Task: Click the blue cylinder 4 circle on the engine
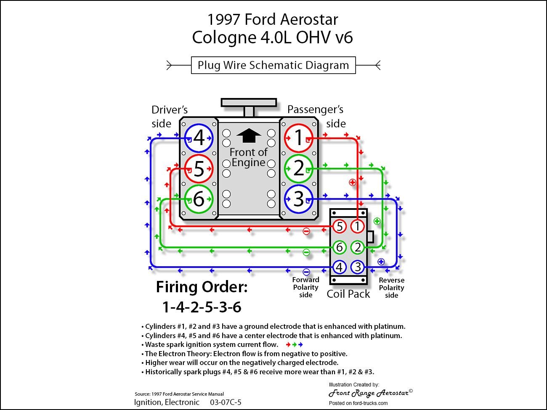[x=199, y=138]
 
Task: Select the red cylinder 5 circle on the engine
[x=199, y=169]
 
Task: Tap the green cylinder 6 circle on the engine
[x=199, y=199]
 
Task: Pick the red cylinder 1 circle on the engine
[x=298, y=138]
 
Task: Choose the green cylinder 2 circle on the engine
[x=298, y=169]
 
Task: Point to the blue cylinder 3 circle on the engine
[x=298, y=199]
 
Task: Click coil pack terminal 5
[x=340, y=227]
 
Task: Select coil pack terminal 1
[x=358, y=227]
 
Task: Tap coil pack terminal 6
[x=340, y=247]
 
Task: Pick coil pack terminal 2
[x=358, y=247]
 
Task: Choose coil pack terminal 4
[x=340, y=267]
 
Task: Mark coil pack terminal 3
[x=358, y=267]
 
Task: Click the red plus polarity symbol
[x=353, y=182]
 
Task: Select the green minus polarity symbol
[x=306, y=252]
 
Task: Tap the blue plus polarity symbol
[x=381, y=262]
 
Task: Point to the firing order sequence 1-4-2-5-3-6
[x=202, y=307]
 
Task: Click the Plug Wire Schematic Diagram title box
[x=273, y=65]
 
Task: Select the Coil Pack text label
[x=348, y=294]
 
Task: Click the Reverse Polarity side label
[x=391, y=288]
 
